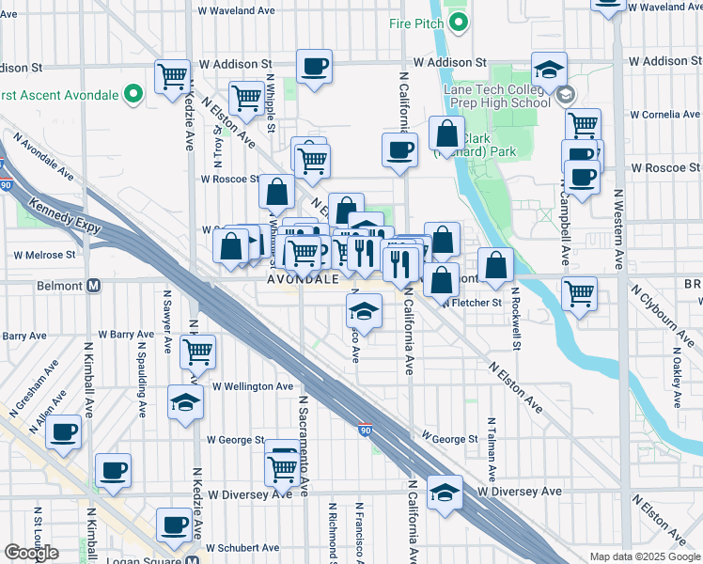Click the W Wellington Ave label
point(253,386)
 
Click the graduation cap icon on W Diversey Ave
point(445,492)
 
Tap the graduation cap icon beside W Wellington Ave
point(186,402)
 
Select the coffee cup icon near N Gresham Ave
point(64,431)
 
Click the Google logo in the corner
point(32,553)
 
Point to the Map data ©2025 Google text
point(645,556)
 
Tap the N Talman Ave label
point(489,446)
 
